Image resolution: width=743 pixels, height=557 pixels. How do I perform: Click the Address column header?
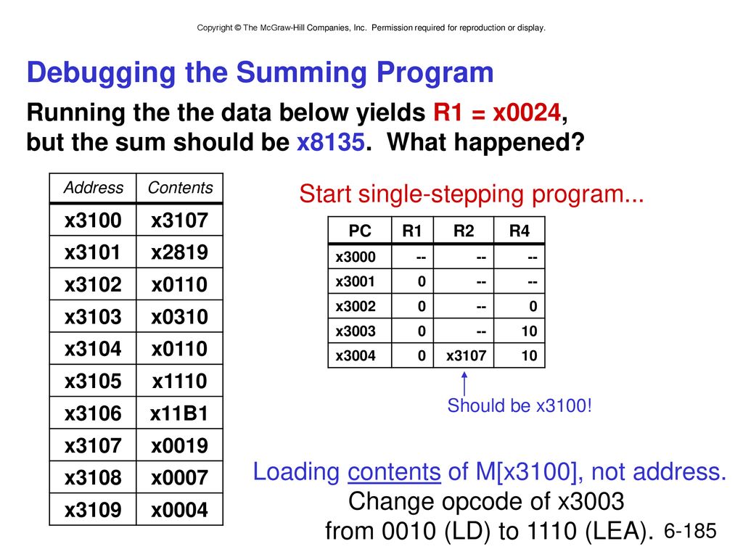94,188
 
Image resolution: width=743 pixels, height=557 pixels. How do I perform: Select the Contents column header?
180,188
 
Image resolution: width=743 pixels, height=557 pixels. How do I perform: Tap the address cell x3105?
93,381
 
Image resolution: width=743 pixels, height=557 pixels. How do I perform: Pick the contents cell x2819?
180,252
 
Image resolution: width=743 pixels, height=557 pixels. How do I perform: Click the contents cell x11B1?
179,413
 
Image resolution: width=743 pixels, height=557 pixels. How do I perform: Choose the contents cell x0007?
180,477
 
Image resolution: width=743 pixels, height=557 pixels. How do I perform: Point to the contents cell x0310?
180,316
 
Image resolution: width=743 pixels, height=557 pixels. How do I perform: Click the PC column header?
360,231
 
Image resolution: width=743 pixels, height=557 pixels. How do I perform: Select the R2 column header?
464,231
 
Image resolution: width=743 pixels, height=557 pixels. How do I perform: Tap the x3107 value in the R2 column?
467,355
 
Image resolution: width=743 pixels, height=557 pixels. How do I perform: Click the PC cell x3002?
356,307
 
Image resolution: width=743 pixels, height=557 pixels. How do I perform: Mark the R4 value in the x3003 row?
529,331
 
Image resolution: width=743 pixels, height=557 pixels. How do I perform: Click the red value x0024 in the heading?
527,112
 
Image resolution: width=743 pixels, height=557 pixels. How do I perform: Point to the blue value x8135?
331,141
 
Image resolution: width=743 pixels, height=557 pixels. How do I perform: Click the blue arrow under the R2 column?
464,384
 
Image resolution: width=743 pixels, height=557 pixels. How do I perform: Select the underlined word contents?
394,471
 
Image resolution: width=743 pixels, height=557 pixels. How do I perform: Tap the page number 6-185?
690,531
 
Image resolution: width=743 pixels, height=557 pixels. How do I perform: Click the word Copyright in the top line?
215,28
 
